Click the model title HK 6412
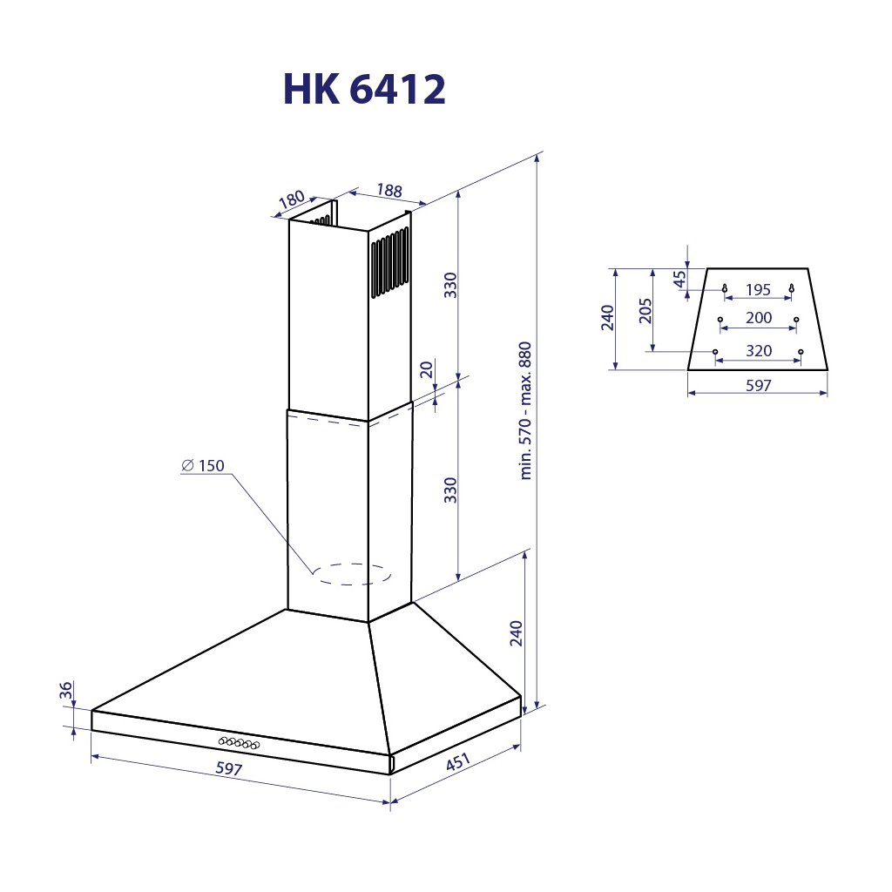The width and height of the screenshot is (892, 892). coord(364,89)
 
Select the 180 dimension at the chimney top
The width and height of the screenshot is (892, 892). coord(292,201)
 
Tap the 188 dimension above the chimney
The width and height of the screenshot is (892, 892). coord(389,191)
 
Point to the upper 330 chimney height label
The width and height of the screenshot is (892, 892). coord(450,285)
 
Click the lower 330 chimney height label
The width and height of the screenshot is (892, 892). coord(450,490)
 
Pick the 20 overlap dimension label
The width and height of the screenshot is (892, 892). coord(427,368)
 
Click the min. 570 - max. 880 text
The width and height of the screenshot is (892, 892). coord(525,411)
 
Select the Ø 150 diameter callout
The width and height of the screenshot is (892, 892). coord(202,466)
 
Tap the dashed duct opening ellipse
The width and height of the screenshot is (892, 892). coord(353,573)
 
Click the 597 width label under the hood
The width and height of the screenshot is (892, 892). coord(228,769)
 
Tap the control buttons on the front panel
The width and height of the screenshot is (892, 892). coord(239,742)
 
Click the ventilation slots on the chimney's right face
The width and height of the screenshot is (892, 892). coord(389,263)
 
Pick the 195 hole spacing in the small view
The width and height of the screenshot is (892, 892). coord(758,290)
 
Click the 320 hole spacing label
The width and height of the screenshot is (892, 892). coord(758,352)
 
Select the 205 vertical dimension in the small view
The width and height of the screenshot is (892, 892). coord(645,310)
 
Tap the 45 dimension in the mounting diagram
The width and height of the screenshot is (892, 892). coord(679,279)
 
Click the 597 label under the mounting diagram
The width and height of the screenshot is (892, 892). coord(758,385)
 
